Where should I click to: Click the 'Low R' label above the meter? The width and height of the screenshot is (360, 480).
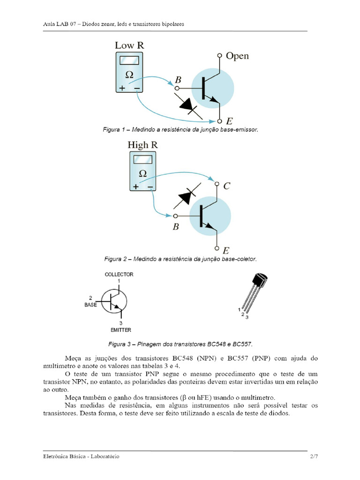click(129, 45)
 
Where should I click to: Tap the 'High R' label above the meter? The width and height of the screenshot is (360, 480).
click(142, 145)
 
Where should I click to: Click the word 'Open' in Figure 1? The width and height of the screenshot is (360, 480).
click(237, 56)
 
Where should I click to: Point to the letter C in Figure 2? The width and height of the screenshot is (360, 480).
click(226, 186)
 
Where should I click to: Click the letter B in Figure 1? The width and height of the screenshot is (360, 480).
click(178, 80)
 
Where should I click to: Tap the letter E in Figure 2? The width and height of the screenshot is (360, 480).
click(226, 251)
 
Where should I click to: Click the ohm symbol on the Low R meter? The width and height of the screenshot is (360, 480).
click(129, 75)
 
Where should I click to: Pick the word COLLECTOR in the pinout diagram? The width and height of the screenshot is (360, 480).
click(119, 274)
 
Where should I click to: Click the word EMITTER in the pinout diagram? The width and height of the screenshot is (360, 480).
click(121, 330)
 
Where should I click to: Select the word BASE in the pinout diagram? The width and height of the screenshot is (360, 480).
click(90, 305)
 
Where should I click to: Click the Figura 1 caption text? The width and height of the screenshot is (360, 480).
click(180, 129)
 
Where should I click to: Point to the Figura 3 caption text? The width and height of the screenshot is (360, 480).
click(180, 344)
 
